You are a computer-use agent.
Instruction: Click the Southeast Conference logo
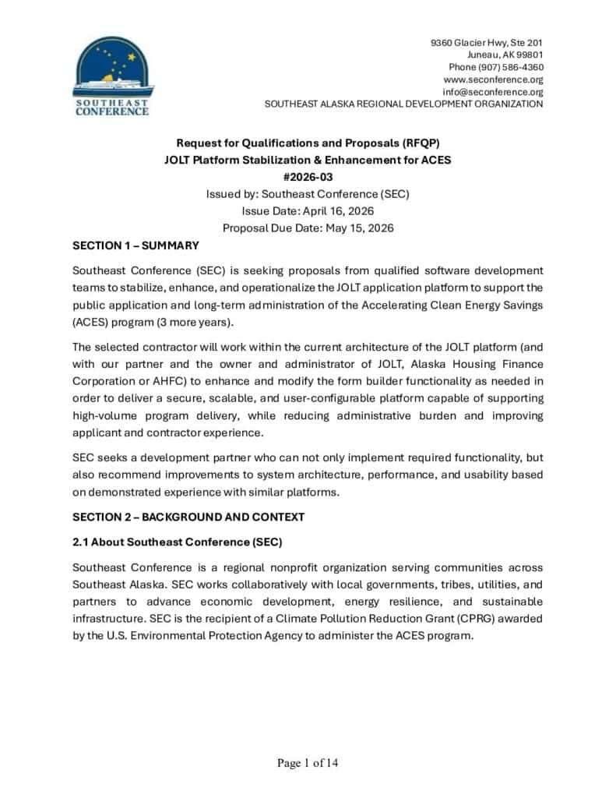113,76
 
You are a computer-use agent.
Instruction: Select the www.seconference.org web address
493,79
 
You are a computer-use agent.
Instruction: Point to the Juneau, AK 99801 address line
505,55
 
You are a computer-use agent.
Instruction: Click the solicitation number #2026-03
308,177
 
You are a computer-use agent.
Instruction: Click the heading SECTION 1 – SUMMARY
136,245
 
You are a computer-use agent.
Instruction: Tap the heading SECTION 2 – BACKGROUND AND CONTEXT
188,517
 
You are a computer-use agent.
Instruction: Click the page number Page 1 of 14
308,763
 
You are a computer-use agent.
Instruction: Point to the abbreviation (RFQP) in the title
424,143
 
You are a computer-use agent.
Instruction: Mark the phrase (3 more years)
178,323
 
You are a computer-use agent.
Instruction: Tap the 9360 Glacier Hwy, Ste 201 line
487,42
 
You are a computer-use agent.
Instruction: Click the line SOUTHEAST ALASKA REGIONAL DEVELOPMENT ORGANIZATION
403,104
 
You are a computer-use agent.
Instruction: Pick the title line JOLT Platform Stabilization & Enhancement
308,160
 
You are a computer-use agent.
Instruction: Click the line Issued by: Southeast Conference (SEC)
308,194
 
